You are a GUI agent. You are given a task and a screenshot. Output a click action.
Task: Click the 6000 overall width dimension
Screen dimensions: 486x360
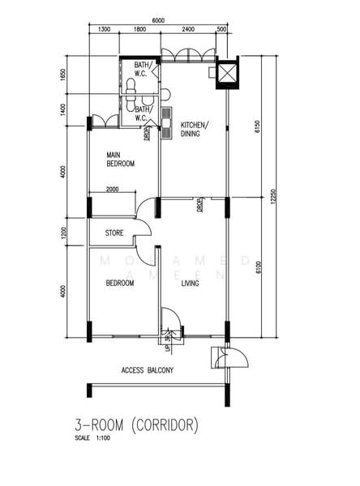[157, 21]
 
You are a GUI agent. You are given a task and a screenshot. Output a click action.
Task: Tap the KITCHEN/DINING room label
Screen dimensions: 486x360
[195, 130]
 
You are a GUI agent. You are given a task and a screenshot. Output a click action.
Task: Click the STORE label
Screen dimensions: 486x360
[114, 234]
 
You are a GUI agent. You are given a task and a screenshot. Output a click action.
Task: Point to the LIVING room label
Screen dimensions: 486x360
[191, 283]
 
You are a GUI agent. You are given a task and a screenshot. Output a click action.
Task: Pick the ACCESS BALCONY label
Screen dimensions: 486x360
[147, 370]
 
